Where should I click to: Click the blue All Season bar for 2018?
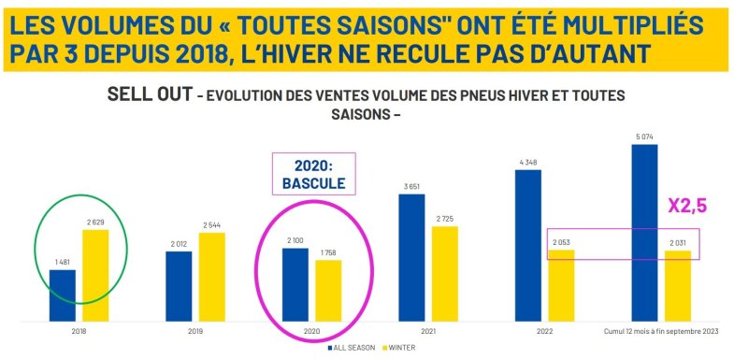pos(63,295)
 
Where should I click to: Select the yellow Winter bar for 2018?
pos(94,275)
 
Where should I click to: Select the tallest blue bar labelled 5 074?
pos(644,233)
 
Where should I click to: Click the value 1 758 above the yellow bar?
pos(327,253)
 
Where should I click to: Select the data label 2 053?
pos(560,242)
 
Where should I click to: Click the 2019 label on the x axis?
pos(194,330)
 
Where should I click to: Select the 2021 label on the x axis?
pos(428,330)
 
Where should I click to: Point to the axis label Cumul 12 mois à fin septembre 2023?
pos(660,330)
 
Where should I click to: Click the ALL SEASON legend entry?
pos(353,348)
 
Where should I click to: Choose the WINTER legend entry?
pos(398,348)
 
